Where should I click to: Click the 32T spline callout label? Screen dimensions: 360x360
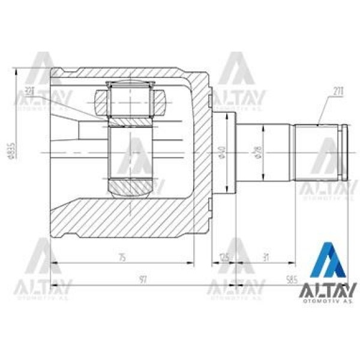(30, 92)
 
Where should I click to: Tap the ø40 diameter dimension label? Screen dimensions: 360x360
(221, 154)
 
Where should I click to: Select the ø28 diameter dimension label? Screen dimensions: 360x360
(258, 154)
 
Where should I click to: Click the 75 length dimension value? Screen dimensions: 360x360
(122, 258)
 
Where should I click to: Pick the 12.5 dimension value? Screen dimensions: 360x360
(224, 258)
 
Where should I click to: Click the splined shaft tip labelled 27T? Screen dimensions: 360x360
(319, 152)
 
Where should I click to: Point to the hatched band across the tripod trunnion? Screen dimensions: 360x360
(128, 122)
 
